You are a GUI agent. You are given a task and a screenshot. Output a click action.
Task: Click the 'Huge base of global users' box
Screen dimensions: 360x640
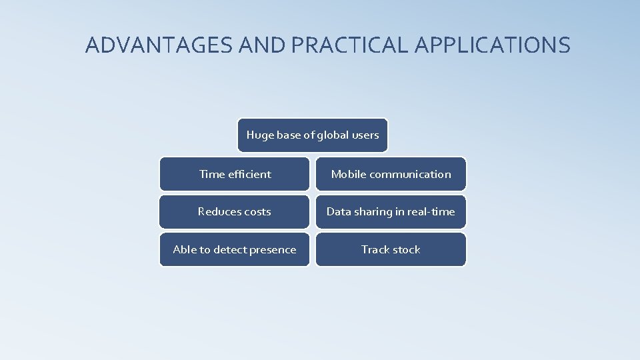313,135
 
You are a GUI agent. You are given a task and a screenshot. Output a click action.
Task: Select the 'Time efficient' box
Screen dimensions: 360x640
235,174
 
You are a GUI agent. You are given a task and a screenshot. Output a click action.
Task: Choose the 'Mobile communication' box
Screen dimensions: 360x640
391,174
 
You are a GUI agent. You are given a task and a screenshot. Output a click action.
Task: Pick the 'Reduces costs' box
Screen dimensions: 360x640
235,212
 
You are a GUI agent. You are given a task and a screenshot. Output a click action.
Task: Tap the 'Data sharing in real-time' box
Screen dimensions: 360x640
391,212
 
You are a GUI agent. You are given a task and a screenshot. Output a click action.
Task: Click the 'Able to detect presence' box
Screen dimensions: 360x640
235,249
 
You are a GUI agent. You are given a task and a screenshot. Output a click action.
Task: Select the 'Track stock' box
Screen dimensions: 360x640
391,249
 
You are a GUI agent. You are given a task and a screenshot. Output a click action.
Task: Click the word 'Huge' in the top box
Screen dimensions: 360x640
260,135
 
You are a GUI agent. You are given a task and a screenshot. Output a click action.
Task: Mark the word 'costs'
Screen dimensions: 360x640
257,212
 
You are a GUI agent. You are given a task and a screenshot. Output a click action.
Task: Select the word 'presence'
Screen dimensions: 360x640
272,249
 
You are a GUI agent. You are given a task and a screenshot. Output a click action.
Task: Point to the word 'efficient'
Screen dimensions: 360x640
249,174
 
